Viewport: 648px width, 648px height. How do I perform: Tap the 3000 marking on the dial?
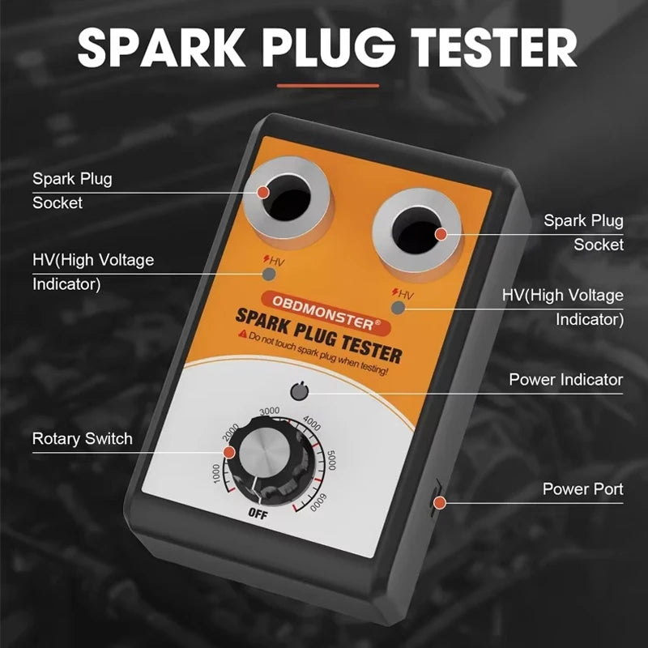click(x=270, y=411)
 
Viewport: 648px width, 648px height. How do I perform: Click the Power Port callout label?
click(x=582, y=489)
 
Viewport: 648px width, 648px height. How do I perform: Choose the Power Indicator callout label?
click(x=565, y=379)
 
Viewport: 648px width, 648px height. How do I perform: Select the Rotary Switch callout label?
click(x=82, y=438)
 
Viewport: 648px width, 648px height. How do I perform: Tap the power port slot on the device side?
click(x=434, y=496)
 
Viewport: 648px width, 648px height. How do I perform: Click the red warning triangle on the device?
click(x=241, y=334)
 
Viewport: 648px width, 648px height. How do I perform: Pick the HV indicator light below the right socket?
click(x=398, y=307)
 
